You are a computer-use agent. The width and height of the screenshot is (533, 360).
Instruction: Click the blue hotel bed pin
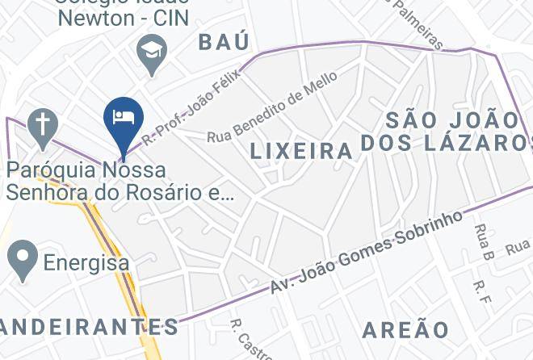124,119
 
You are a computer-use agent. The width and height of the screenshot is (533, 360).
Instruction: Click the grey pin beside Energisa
22,257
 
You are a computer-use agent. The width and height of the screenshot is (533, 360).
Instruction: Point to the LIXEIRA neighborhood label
301,150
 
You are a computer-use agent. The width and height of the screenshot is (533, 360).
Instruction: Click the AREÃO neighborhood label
405,329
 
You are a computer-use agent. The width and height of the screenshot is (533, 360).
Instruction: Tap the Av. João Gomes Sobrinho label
370,250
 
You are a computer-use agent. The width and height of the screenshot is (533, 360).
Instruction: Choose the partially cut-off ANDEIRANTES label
89,327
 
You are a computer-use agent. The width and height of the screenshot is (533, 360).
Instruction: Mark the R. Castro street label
243,340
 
